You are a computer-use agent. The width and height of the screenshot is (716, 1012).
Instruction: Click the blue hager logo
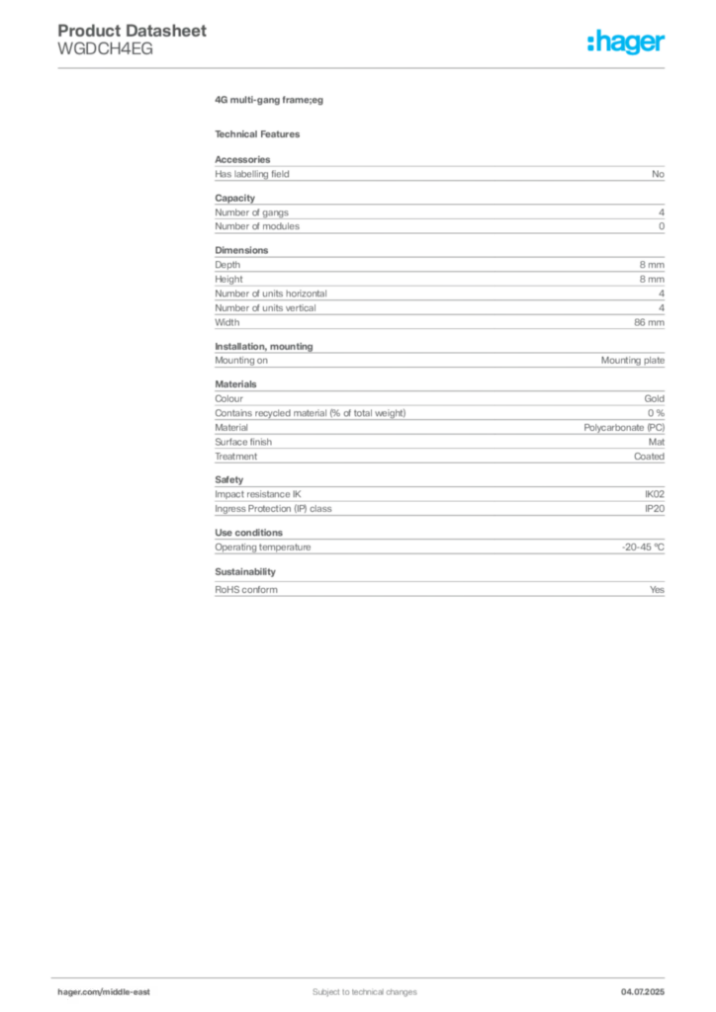(x=627, y=43)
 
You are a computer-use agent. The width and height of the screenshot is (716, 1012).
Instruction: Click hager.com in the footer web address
(x=78, y=991)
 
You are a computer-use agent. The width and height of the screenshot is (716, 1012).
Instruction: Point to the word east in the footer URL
(x=142, y=991)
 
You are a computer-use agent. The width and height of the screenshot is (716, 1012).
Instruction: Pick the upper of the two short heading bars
(x=269, y=102)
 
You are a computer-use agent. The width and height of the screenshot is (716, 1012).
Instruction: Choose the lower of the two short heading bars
(x=261, y=132)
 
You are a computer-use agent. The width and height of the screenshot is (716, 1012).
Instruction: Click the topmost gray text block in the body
(x=438, y=172)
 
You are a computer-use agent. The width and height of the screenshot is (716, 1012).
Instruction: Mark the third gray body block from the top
(x=438, y=288)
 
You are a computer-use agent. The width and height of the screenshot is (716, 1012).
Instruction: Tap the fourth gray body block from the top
(x=438, y=357)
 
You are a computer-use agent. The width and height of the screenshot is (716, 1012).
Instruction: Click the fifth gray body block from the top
(x=438, y=422)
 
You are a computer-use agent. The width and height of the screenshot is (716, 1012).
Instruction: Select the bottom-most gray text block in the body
(x=438, y=588)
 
